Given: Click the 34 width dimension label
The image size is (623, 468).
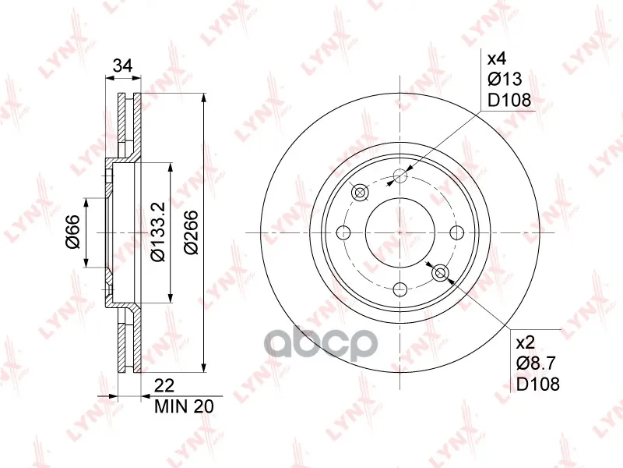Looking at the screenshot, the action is click(122, 66).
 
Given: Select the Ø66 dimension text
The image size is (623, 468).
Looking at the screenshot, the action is click(73, 232).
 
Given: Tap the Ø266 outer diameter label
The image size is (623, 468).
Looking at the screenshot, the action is click(191, 232).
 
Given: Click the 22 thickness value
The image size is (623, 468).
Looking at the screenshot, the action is click(164, 385).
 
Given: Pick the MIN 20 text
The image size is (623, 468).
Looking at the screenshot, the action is click(184, 406).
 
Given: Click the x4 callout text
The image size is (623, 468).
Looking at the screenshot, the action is click(497, 59).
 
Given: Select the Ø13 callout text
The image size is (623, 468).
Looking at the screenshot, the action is click(505, 80).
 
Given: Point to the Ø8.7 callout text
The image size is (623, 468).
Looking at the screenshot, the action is click(536, 363).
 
